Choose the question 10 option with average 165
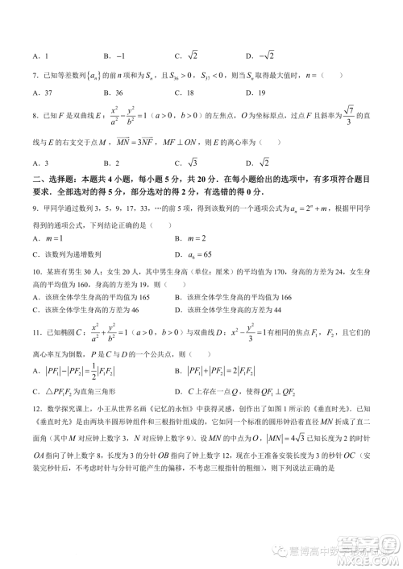(x=97, y=298)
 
